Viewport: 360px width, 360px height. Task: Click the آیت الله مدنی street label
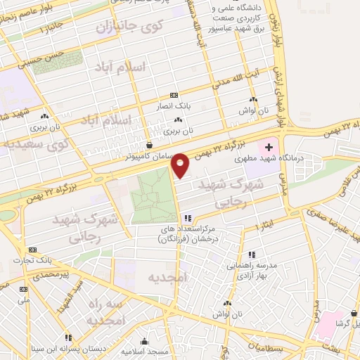pos(229,84)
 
